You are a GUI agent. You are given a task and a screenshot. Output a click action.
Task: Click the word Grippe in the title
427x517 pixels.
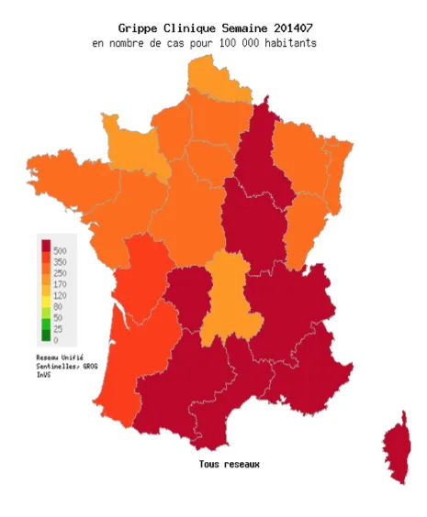[139, 28]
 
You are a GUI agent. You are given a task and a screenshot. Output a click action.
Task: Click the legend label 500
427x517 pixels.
[59, 250]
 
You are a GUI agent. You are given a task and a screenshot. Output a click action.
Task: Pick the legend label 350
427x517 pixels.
[59, 262]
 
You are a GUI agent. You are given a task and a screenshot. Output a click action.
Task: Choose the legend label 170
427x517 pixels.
[59, 284]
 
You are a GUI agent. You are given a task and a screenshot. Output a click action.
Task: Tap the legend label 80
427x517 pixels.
[57, 306]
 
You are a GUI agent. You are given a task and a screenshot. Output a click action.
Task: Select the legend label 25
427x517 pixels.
[57, 328]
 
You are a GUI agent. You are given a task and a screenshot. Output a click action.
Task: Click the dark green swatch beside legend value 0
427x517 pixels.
[45, 339]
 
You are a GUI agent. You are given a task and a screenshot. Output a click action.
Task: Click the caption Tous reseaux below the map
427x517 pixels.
[229, 464]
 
